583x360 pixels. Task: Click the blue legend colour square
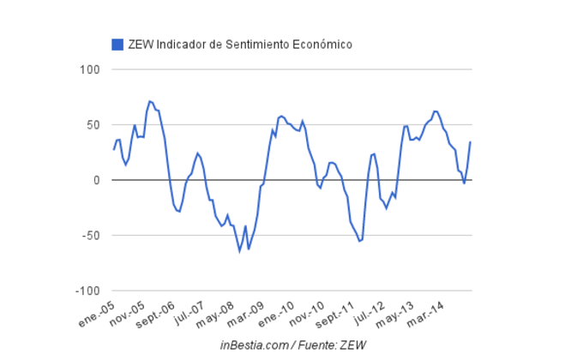pos(117,44)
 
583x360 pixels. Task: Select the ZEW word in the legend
pos(141,44)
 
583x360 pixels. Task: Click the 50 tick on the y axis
pos(93,125)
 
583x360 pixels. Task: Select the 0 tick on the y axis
pos(97,180)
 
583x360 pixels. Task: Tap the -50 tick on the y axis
pos(92,236)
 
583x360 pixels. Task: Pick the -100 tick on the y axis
pos(88,291)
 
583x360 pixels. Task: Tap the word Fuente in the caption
pos(321,345)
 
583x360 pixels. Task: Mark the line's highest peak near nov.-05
pos(149,101)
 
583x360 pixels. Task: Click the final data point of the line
pos(470,142)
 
